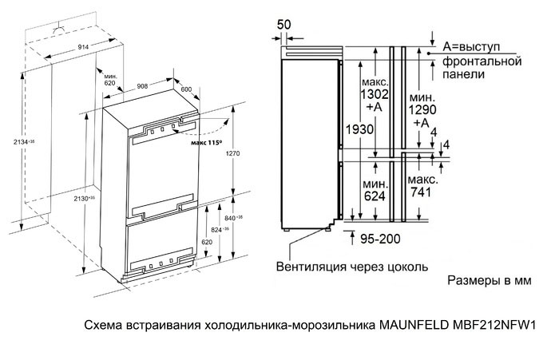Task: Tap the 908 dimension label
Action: pos(144,85)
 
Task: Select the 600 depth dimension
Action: pos(187,89)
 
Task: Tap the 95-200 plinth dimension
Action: pos(381,237)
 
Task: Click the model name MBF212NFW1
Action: pos(497,326)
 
